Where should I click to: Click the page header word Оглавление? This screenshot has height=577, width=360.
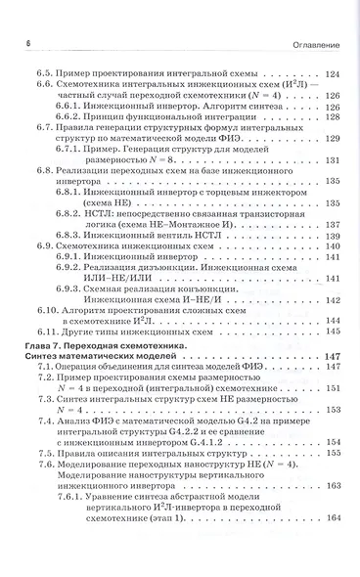tap(317, 45)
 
